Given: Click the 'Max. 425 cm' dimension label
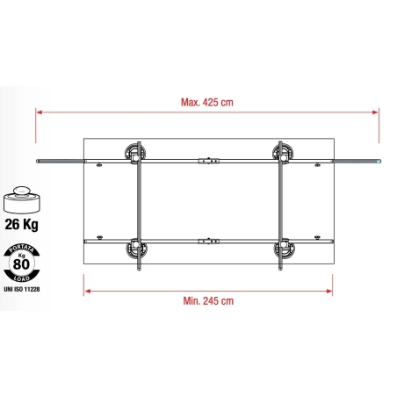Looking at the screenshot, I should (x=208, y=103).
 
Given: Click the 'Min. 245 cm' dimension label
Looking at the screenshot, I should (x=209, y=300).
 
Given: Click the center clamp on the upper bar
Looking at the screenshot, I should (x=208, y=161).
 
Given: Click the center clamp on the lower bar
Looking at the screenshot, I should (x=209, y=240).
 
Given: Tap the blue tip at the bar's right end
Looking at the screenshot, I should (x=379, y=162).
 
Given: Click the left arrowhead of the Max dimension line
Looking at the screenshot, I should (x=39, y=112).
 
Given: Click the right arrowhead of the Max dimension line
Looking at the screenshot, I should (x=379, y=112).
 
